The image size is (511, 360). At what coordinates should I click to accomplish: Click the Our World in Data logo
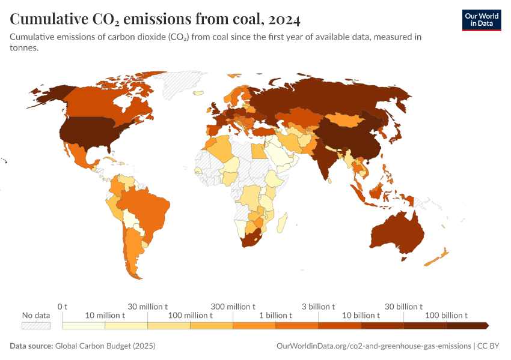(x=481, y=20)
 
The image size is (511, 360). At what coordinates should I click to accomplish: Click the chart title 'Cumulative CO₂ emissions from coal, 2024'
(x=155, y=19)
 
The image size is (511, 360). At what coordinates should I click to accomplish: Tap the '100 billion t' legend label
(x=446, y=315)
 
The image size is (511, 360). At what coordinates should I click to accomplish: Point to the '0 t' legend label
(x=63, y=307)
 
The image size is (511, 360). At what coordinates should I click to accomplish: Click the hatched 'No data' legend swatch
(x=36, y=325)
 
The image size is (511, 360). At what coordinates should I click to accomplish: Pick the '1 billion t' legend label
(x=275, y=315)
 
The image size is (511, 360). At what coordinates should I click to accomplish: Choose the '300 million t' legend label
(x=233, y=307)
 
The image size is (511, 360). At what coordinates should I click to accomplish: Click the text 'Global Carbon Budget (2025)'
(x=105, y=346)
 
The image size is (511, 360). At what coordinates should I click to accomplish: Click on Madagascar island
(x=280, y=224)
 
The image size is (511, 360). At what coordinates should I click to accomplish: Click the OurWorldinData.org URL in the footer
(x=373, y=346)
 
